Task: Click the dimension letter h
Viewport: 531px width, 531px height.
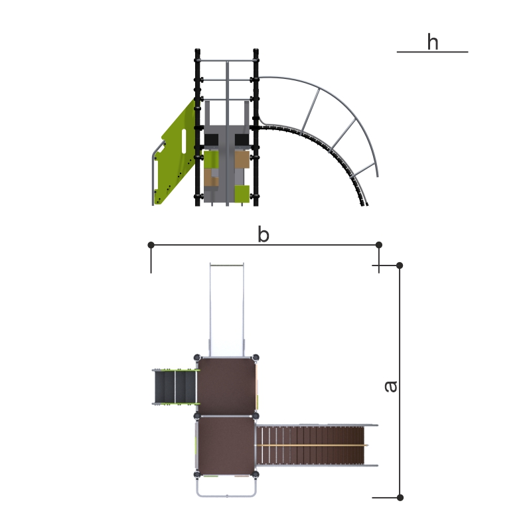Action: (433, 42)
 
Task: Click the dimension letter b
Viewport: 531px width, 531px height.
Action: (263, 234)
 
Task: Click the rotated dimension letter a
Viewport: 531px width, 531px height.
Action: (391, 386)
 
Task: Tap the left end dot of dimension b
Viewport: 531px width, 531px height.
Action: (151, 244)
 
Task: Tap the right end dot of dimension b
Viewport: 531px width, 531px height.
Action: (378, 244)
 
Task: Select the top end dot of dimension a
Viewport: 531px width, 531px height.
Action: (400, 265)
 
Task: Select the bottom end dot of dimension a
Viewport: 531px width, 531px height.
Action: (400, 497)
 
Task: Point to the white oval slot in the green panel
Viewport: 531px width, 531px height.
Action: (184, 141)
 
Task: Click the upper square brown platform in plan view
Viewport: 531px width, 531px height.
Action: (226, 386)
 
